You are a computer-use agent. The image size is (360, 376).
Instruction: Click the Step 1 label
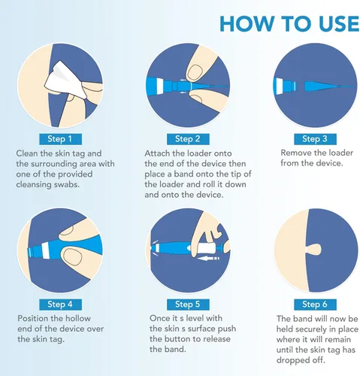(60, 139)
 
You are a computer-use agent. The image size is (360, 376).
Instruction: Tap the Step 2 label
(188, 139)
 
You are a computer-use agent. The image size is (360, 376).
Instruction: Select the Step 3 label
(315, 139)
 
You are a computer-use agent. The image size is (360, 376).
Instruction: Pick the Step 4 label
(60, 305)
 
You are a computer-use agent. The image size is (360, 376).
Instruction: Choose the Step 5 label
(188, 305)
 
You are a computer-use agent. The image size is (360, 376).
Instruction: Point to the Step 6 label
(315, 305)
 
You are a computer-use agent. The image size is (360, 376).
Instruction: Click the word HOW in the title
(249, 24)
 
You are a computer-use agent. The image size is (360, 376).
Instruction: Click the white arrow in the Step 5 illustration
(210, 258)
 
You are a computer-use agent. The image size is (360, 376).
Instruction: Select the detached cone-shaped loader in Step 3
(329, 86)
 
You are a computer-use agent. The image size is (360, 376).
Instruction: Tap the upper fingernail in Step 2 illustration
(195, 73)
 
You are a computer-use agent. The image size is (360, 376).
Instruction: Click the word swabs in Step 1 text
(66, 185)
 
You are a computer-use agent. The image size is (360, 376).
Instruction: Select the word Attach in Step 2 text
(156, 153)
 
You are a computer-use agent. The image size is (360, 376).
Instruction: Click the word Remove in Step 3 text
(295, 153)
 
